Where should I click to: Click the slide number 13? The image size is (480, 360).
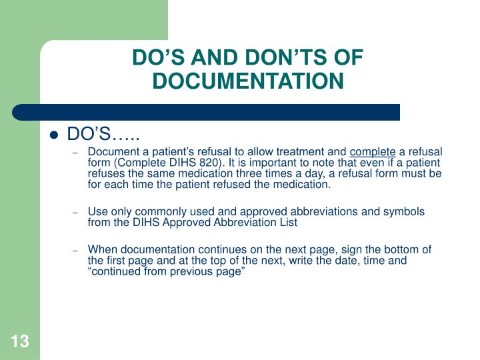tap(20, 342)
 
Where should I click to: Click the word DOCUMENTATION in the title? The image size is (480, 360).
tap(248, 81)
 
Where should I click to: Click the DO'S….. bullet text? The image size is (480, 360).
tap(103, 135)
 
